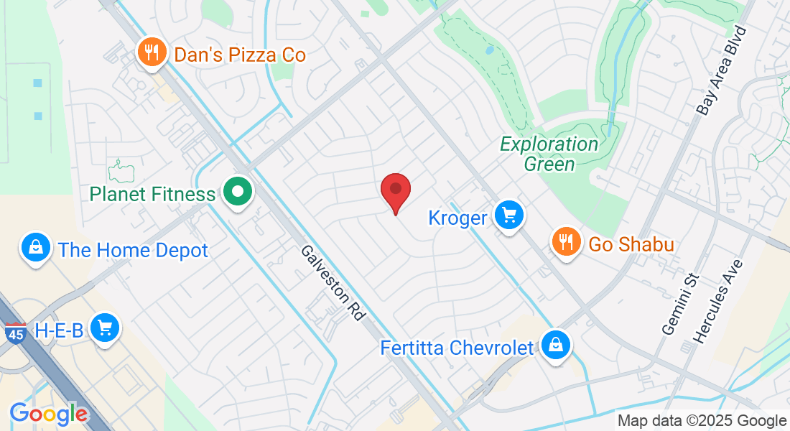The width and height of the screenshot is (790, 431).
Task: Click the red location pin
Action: pos(395,191)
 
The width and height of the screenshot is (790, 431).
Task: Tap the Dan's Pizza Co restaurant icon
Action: pos(151,52)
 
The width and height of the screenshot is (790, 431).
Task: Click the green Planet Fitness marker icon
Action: pos(237,192)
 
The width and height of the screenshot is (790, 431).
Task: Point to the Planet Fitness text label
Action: pos(152,194)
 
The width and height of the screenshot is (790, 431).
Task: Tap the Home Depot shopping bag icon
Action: pos(34,248)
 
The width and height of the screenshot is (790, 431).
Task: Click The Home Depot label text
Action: pos(133,251)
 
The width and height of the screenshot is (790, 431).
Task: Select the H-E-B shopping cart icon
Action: pos(106,328)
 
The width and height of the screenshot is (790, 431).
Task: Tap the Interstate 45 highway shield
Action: pos(15,333)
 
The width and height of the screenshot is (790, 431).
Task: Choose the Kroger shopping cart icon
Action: pos(509,215)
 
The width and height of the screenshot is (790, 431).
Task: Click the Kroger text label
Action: pos(458,218)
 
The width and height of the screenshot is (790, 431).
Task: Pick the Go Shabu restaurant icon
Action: pos(566,242)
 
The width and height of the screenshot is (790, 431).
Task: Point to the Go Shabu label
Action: pos(631,245)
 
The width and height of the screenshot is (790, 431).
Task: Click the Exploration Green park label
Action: pos(549,154)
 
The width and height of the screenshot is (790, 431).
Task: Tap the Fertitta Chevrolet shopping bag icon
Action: pos(556,345)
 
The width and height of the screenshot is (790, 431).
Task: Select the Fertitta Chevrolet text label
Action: pos(457,348)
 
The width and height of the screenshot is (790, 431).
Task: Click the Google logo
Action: pos(48,414)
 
